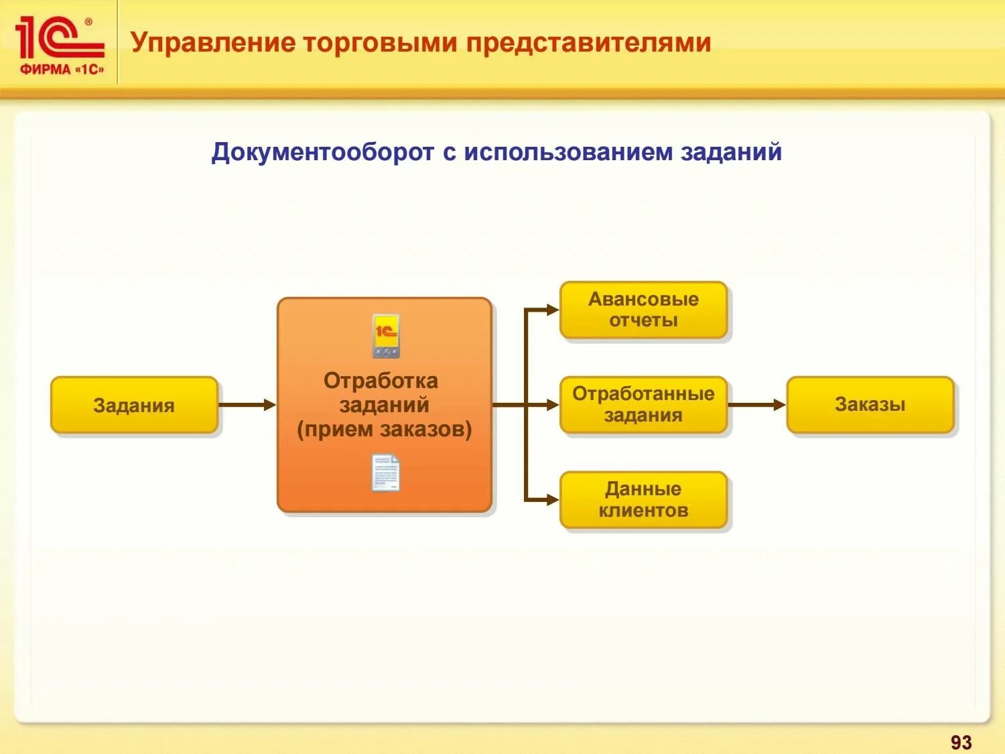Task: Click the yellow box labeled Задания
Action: point(134,405)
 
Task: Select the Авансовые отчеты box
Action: point(643,310)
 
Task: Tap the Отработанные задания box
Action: point(643,404)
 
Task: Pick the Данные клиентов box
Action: point(643,499)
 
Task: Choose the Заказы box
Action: point(870,404)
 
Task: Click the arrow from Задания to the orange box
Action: point(247,405)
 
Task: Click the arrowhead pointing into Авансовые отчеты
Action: point(552,310)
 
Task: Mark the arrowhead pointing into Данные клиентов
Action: point(552,499)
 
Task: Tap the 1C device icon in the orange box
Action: point(386,336)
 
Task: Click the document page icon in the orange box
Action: point(386,473)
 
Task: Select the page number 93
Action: point(961,742)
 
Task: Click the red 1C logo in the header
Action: point(59,38)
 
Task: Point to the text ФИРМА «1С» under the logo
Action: point(62,69)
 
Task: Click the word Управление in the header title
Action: point(212,42)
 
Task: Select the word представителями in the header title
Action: point(588,42)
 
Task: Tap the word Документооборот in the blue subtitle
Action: point(323,152)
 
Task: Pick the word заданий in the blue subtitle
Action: point(731,152)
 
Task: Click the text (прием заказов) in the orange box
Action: point(384,429)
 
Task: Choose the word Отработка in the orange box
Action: point(381,381)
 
